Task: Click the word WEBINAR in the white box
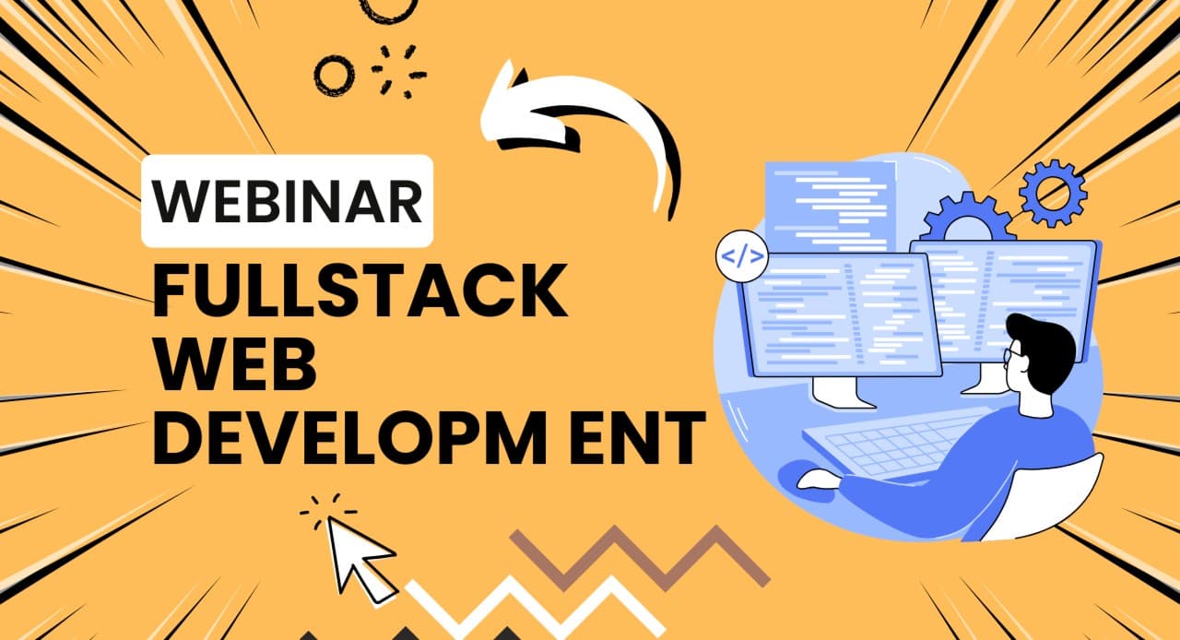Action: click(287, 201)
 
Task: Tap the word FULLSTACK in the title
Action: click(359, 290)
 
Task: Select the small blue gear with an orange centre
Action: click(1053, 193)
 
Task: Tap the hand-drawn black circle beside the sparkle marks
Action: click(335, 73)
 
